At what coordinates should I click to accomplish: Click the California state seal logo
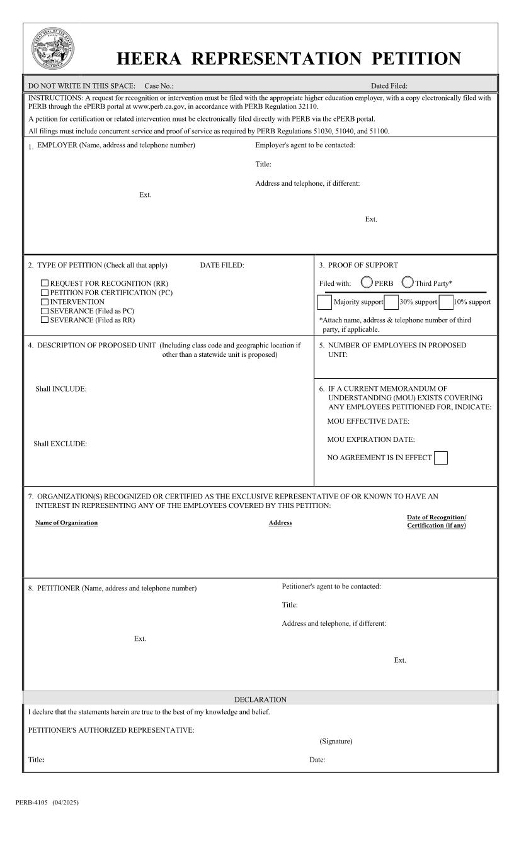point(53,49)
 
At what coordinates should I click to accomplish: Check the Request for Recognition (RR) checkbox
point(45,284)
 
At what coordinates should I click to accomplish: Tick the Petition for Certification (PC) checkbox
point(45,293)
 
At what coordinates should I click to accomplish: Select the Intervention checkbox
point(45,302)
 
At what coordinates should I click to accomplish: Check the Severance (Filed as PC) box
point(45,311)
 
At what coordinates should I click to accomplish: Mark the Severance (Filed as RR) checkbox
point(45,320)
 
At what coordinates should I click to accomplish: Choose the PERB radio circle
point(367,283)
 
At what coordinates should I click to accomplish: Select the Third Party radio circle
point(408,283)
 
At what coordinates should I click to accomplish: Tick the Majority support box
point(324,302)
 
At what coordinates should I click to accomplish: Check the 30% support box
point(391,302)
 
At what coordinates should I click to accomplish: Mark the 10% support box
point(446,302)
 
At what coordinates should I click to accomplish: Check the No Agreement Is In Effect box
point(441,458)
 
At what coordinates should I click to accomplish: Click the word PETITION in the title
point(416,59)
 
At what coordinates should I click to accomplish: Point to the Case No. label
point(159,86)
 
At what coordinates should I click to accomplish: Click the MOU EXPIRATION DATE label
point(370,439)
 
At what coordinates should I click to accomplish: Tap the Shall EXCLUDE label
point(60,444)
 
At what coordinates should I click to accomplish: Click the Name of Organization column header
point(66,522)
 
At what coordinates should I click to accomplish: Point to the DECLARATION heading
point(260,699)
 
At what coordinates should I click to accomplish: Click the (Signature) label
point(336,742)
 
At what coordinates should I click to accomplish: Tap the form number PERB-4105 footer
point(31,803)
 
